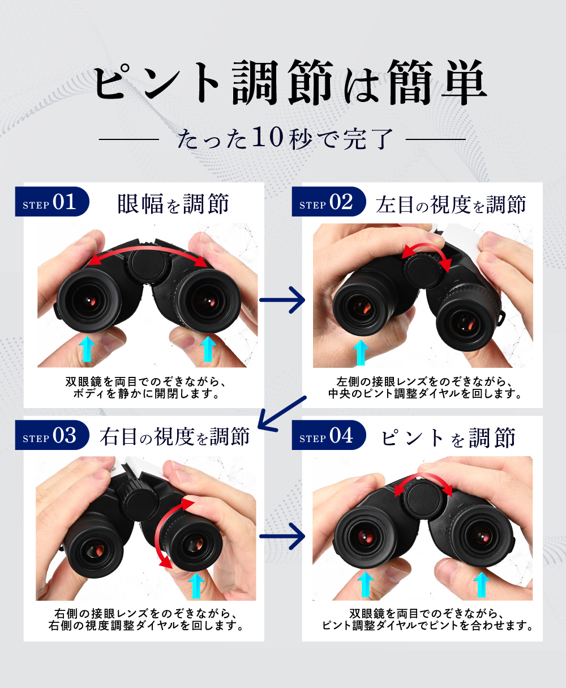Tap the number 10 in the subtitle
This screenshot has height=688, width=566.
point(267,137)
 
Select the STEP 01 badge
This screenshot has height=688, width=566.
point(52,201)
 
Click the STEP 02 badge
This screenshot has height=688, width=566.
point(329,201)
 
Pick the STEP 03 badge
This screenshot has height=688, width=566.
point(52,435)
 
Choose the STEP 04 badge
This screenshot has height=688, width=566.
point(329,435)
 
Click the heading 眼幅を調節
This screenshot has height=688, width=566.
point(173,204)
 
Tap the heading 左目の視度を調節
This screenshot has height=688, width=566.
point(451,204)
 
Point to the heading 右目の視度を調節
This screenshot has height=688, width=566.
point(175,437)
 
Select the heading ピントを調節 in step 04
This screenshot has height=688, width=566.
point(448,438)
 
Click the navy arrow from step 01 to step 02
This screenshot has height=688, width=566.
point(282,300)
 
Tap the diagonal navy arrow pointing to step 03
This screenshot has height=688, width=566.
point(281,414)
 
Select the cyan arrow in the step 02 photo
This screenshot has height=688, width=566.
point(361,353)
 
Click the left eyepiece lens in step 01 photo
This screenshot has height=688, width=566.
point(89,300)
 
